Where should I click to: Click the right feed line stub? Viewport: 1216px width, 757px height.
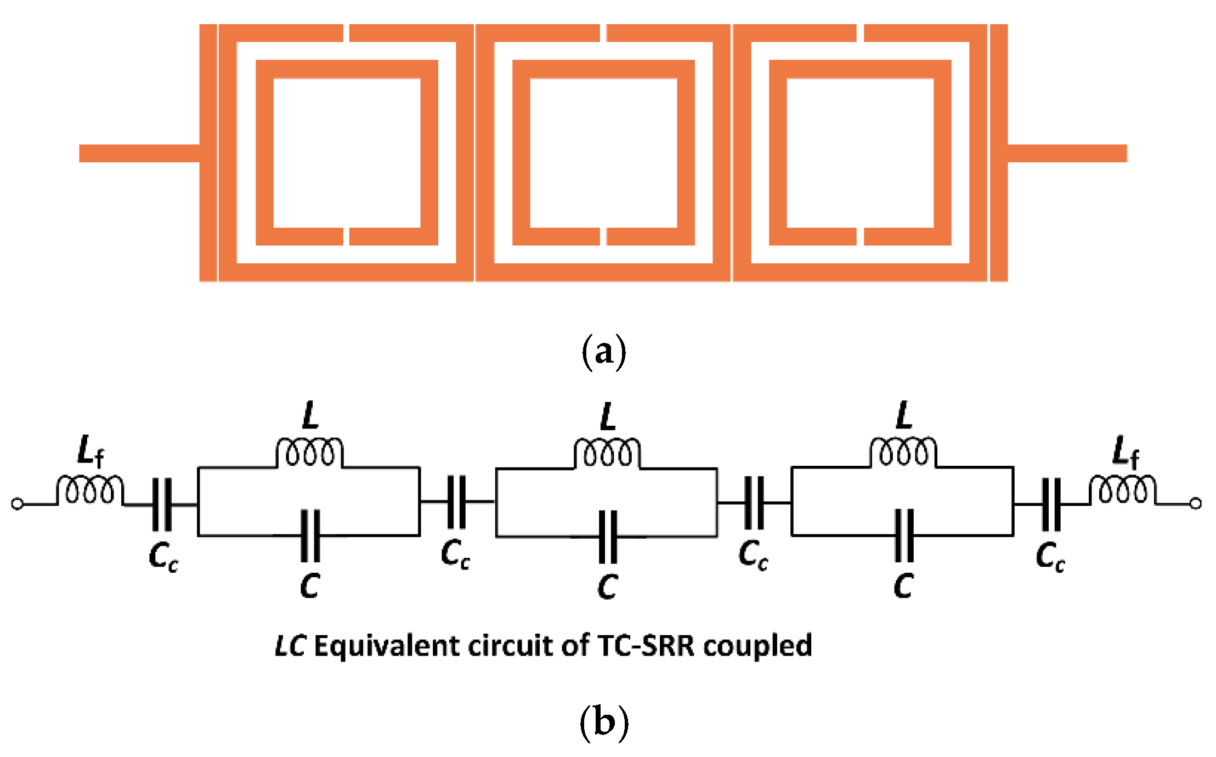[x=1067, y=153]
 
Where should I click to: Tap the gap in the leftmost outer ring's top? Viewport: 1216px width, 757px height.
[x=346, y=33]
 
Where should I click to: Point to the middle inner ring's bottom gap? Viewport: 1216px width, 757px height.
[x=603, y=236]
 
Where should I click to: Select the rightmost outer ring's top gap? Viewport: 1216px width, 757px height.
[x=860, y=33]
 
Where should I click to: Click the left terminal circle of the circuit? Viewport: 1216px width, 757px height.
[x=18, y=504]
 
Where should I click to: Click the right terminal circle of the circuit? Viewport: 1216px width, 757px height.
[x=1196, y=504]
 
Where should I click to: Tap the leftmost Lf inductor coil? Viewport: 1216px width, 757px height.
[x=90, y=490]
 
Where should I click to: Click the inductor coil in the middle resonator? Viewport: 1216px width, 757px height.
[x=607, y=453]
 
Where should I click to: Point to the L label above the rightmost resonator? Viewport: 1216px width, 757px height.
[x=904, y=415]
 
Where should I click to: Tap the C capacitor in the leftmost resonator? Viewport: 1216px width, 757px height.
[x=310, y=535]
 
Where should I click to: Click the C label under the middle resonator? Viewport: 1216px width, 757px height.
[x=608, y=586]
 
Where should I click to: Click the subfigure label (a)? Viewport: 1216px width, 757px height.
[x=603, y=352]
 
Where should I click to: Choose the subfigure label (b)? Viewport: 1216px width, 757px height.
[x=603, y=722]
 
